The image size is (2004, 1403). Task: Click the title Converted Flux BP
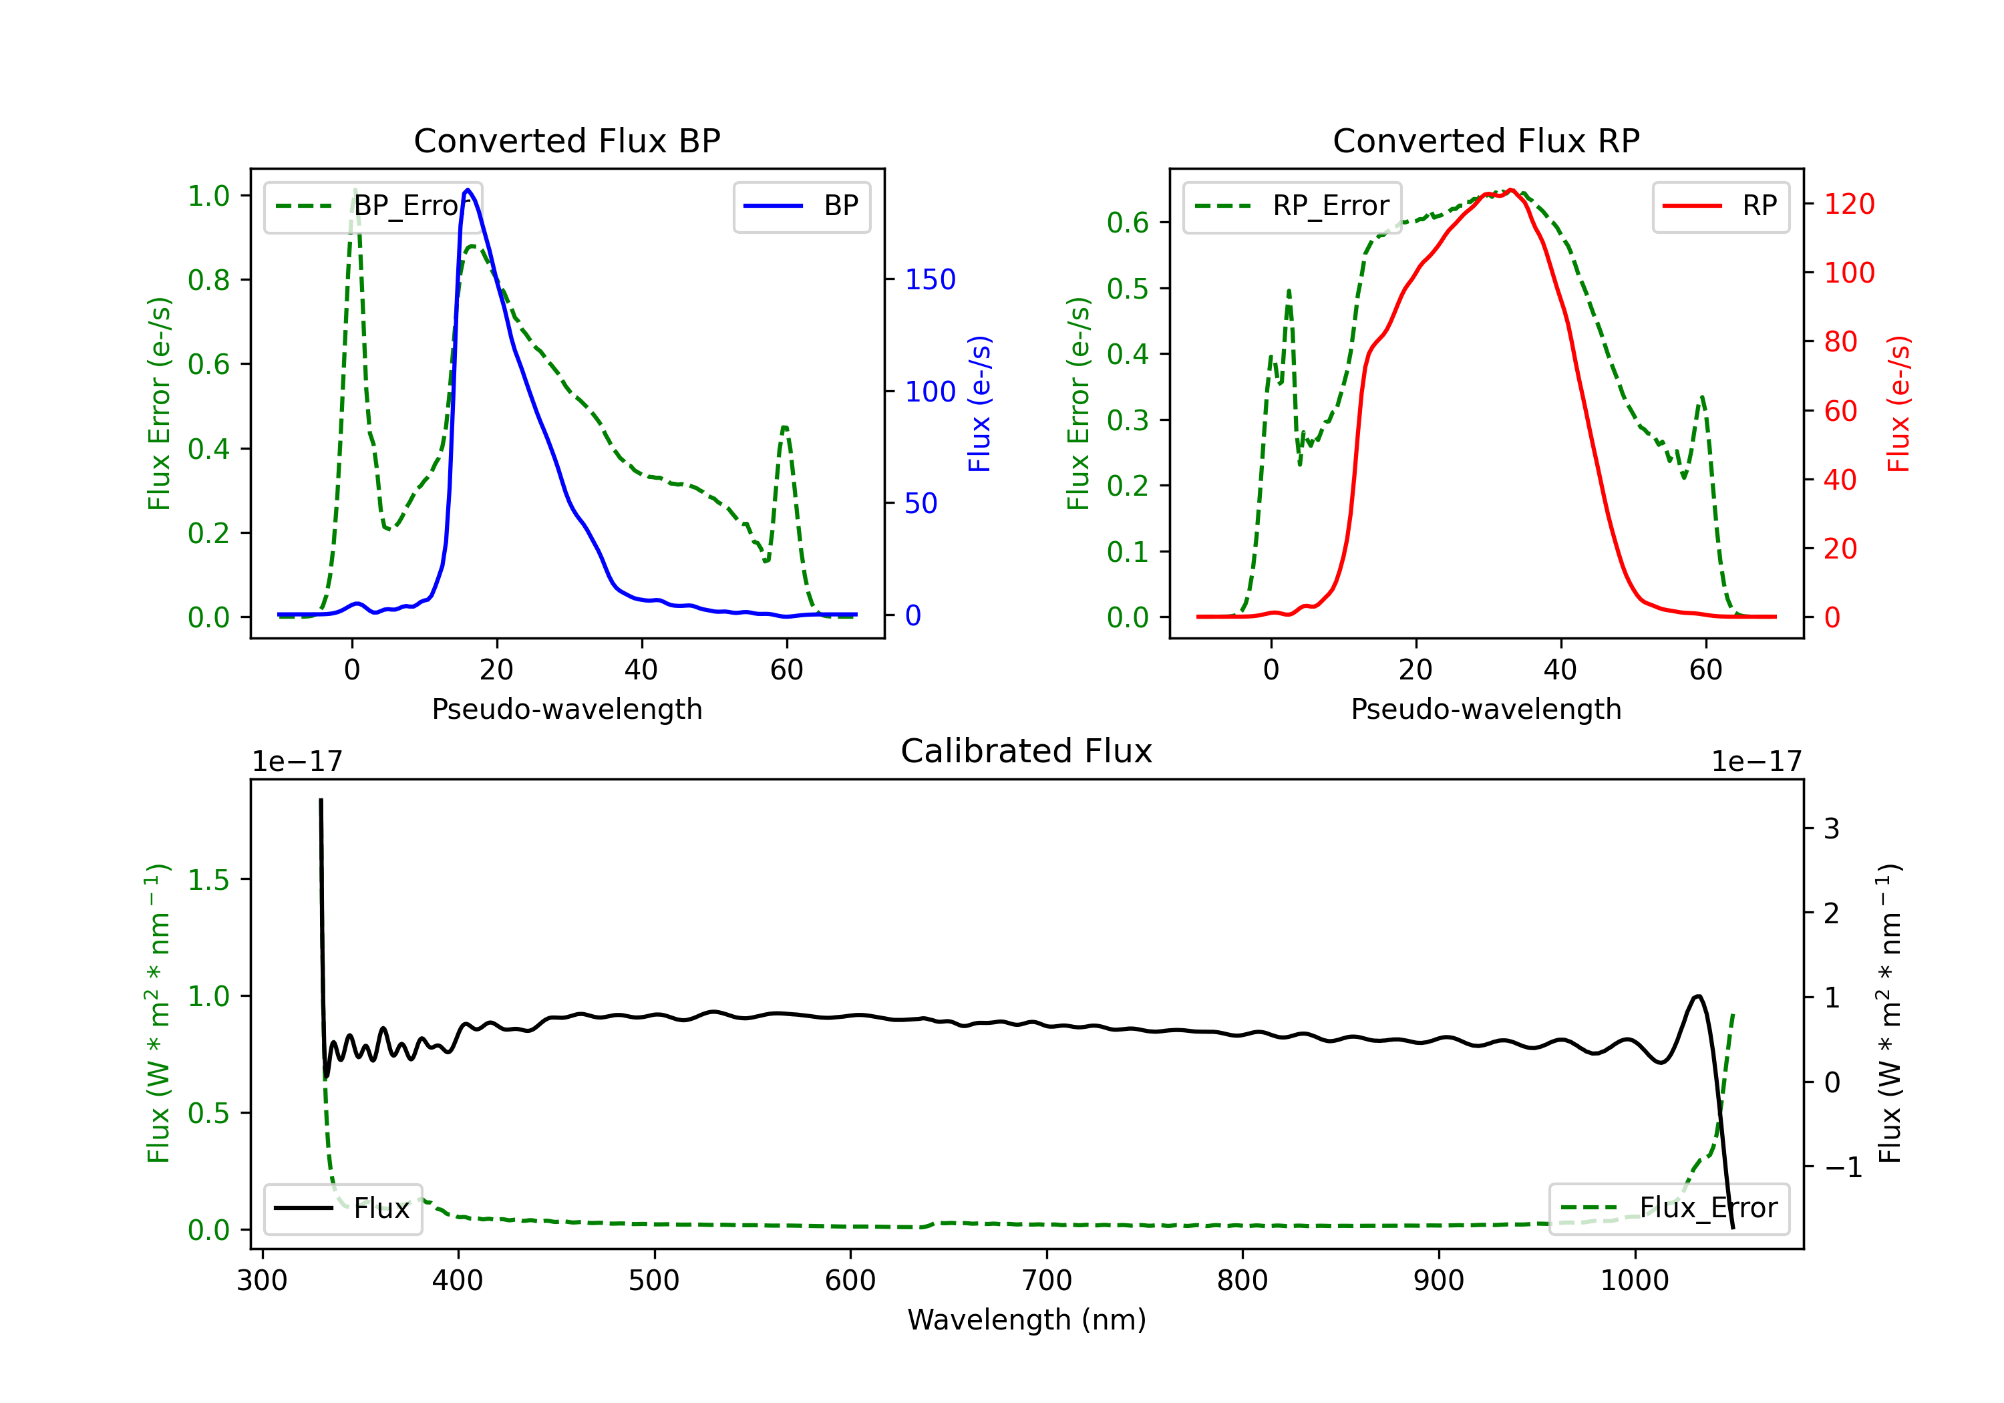point(566,140)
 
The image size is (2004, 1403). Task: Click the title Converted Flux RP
point(1486,140)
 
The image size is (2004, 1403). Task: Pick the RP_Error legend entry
point(1292,206)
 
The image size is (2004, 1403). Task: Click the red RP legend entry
point(1720,206)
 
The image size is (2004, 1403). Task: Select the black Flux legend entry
point(343,1209)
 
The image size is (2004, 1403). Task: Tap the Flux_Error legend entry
point(1669,1209)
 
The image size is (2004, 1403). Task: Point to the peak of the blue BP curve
point(468,190)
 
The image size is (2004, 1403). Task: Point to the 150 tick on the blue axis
point(930,279)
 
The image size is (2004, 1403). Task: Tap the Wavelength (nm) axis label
point(1027,1320)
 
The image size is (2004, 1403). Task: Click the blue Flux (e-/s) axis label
point(979,404)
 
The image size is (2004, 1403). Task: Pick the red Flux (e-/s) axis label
point(1898,404)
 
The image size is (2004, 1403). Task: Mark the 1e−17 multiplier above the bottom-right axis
point(1756,762)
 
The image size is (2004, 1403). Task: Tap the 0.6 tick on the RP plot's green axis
point(1128,222)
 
